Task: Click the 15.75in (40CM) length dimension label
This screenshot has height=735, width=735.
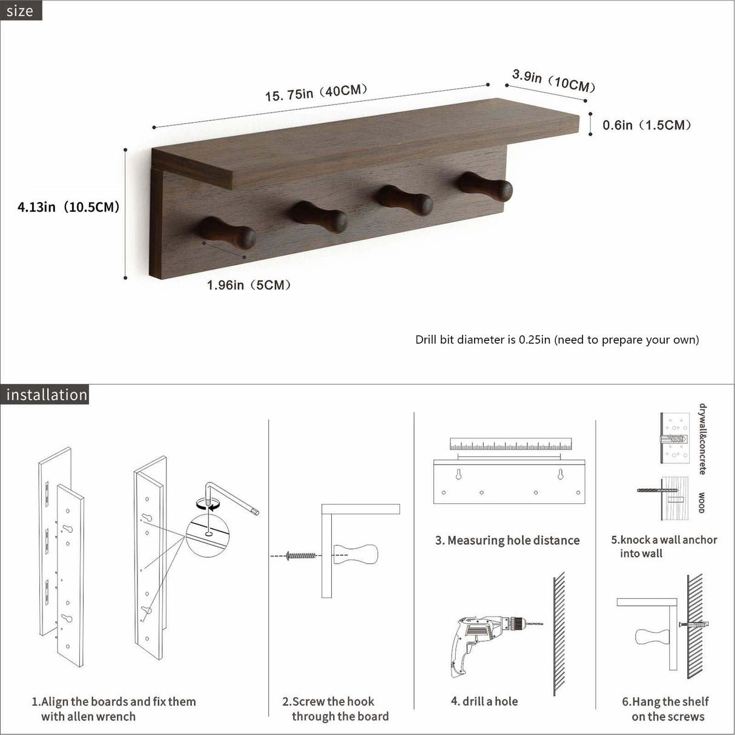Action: [316, 93]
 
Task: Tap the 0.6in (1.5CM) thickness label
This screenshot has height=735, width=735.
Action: [647, 125]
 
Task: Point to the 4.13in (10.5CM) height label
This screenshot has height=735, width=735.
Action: [68, 207]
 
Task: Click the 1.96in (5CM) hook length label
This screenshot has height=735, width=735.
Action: [249, 285]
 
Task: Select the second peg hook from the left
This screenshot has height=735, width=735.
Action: [318, 217]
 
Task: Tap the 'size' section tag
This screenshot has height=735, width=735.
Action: [21, 10]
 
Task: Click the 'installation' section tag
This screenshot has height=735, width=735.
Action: [46, 395]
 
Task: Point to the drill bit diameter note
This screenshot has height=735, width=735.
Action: [556, 340]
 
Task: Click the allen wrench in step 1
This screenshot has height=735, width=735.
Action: [233, 496]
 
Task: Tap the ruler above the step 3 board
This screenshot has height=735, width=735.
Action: [510, 444]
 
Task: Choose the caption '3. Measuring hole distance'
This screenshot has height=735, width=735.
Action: [507, 540]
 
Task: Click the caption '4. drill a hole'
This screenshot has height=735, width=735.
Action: [484, 701]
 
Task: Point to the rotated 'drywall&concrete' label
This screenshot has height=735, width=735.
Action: [702, 439]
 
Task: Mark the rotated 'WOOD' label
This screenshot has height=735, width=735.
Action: [701, 503]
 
